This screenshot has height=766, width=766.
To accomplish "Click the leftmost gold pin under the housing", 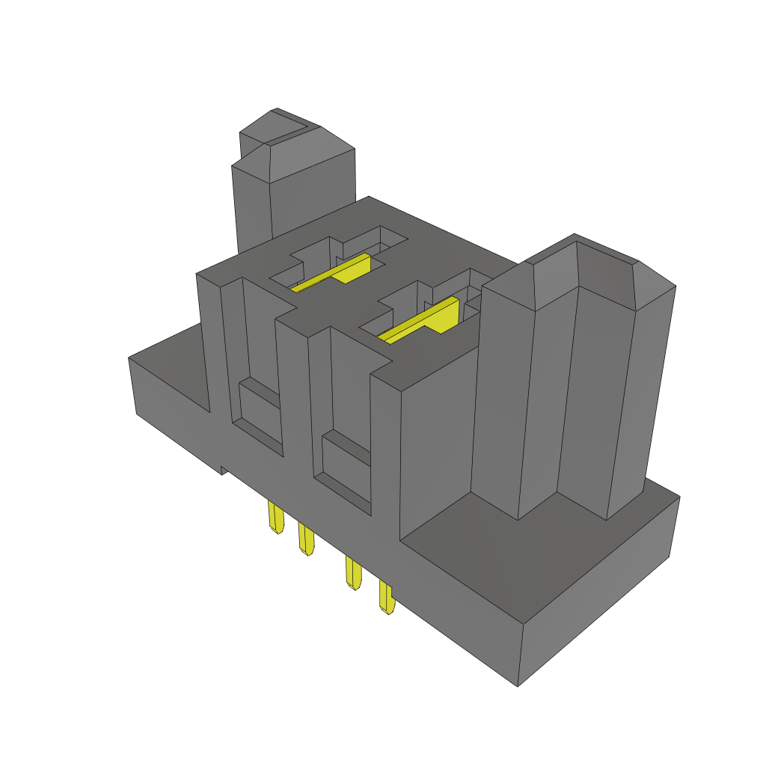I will coord(275,518).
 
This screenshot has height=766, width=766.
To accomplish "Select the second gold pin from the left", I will coord(306,539).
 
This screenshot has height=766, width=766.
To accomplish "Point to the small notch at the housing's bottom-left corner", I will coord(223,470).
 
